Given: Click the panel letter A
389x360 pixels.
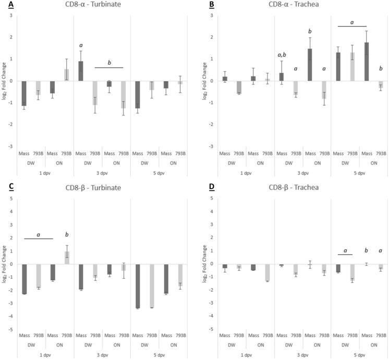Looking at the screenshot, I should click(x=4, y=5).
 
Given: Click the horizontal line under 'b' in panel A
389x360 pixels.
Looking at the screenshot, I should click(x=109, y=68).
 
